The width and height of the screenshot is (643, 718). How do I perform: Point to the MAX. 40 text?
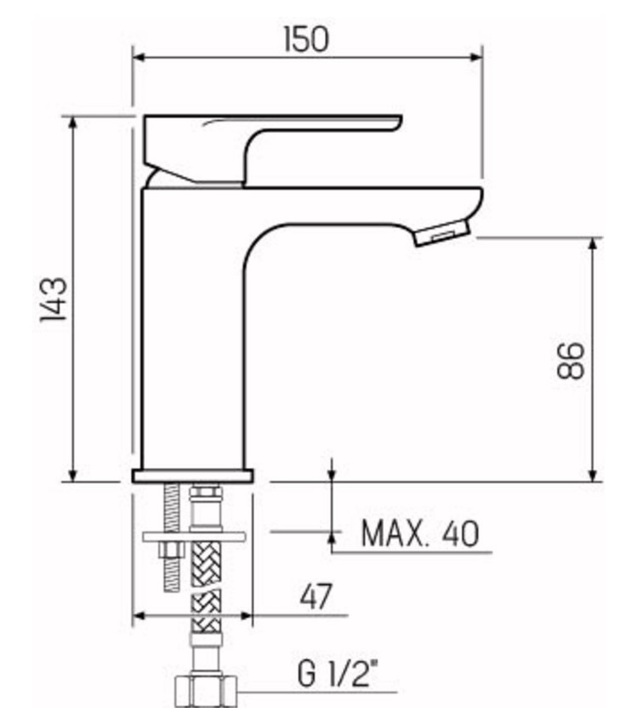tap(419, 534)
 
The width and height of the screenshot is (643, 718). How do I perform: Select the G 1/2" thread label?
tap(339, 678)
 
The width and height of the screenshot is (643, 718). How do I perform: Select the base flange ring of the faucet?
tap(193, 475)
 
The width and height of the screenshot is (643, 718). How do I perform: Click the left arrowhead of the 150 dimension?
tap(139, 58)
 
